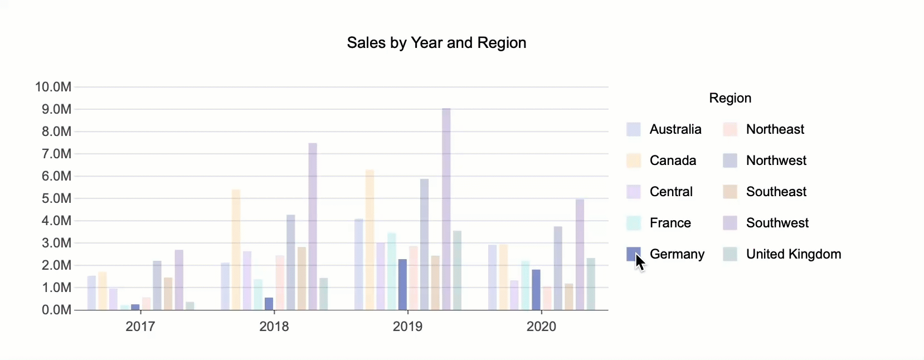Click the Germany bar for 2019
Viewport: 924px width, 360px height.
pyautogui.click(x=402, y=284)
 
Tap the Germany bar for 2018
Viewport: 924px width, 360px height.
pyautogui.click(x=269, y=304)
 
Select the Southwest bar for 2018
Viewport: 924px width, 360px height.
pyautogui.click(x=313, y=226)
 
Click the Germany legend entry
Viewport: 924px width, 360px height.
pyautogui.click(x=677, y=254)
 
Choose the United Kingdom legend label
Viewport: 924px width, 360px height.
pyautogui.click(x=793, y=254)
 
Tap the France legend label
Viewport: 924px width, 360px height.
pyautogui.click(x=670, y=223)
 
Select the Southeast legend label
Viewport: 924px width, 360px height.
pyautogui.click(x=776, y=192)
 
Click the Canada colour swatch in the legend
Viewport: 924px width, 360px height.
pyautogui.click(x=634, y=160)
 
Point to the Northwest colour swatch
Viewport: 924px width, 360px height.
pyautogui.click(x=730, y=160)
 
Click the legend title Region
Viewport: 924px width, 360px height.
pyautogui.click(x=730, y=98)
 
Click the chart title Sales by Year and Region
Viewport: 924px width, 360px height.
pyautogui.click(x=436, y=43)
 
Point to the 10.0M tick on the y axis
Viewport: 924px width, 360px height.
pyautogui.click(x=54, y=87)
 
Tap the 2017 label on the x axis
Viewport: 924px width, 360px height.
pyautogui.click(x=140, y=327)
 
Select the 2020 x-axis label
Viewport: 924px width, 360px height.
pyautogui.click(x=541, y=327)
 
